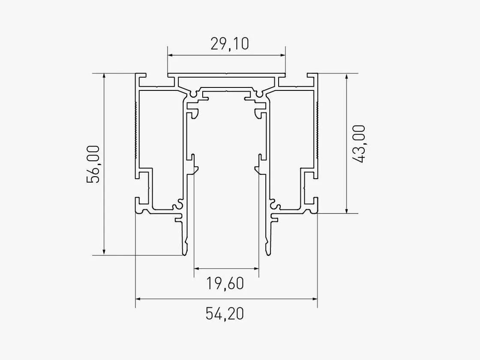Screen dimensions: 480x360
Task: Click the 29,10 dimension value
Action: coord(230,44)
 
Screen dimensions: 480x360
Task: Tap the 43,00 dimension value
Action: coord(359,144)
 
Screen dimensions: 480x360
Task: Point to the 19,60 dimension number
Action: coord(225,283)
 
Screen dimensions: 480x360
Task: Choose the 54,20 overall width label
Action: coord(225,314)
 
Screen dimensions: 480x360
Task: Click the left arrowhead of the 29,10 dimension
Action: coord(171,55)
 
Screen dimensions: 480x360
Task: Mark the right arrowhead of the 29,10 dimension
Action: coord(282,55)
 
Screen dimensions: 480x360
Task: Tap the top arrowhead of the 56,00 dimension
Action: coord(104,77)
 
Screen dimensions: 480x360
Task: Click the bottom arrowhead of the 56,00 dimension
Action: coord(104,252)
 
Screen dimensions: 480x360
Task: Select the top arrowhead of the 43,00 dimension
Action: coord(347,77)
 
